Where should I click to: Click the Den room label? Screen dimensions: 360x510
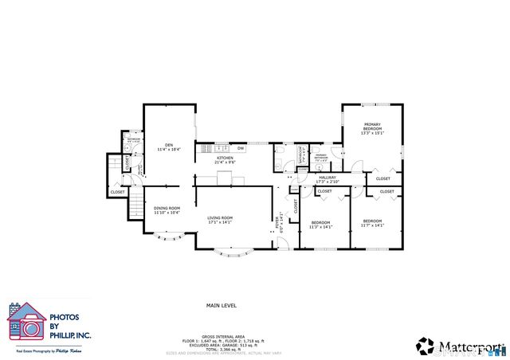(168, 146)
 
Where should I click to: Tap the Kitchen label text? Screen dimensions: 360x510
(226, 158)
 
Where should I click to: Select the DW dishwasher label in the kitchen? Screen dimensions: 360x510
(241, 148)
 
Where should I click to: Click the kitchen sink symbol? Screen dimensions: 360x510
(219, 147)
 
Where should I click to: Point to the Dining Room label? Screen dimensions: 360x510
(167, 210)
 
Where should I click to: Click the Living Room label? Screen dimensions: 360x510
(220, 220)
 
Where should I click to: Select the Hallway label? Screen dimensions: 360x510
(328, 180)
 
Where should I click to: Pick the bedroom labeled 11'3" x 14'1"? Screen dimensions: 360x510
(320, 223)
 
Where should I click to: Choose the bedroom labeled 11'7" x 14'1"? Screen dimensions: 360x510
(372, 223)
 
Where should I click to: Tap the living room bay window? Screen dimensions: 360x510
(232, 253)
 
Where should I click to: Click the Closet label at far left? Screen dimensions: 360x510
(117, 192)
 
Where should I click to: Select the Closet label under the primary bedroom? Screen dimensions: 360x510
(372, 178)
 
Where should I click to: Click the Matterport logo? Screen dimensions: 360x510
(461, 346)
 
